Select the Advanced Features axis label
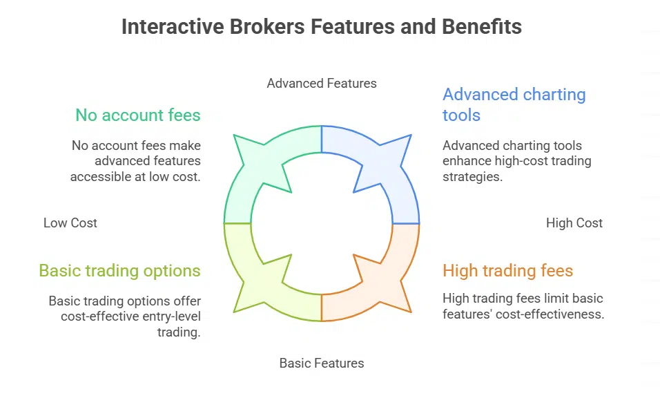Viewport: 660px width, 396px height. point(322,84)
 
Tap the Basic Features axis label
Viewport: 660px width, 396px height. point(322,363)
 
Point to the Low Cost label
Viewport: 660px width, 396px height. point(70,223)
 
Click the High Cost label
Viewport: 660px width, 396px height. point(574,223)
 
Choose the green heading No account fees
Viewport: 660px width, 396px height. point(138,115)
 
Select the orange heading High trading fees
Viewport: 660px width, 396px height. point(508,270)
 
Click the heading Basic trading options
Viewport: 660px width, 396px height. point(119,270)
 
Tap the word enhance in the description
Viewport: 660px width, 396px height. point(465,161)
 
